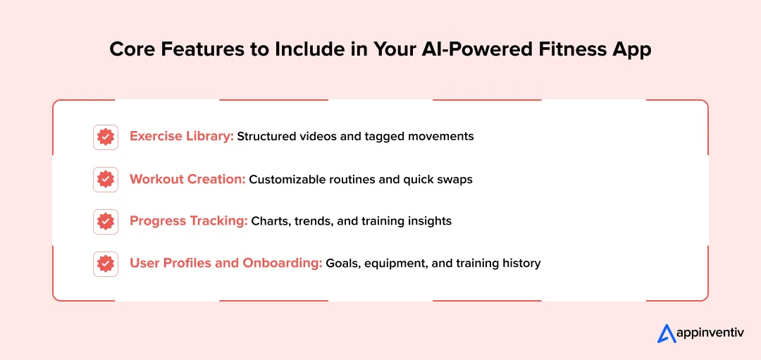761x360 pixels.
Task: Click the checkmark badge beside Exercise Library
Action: [x=106, y=137]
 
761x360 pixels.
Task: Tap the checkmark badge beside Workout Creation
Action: [x=106, y=180]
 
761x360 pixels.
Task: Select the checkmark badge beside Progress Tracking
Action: [x=106, y=221]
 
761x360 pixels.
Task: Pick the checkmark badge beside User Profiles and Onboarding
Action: [x=106, y=263]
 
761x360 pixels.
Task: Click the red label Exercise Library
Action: [x=181, y=136]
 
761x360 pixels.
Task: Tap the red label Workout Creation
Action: [x=187, y=179]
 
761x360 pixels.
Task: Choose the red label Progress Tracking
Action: [x=188, y=221]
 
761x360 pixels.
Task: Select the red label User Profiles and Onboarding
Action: [x=225, y=263]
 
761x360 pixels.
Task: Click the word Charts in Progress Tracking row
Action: [x=268, y=221]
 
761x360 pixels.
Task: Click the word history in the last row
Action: [x=520, y=263]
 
